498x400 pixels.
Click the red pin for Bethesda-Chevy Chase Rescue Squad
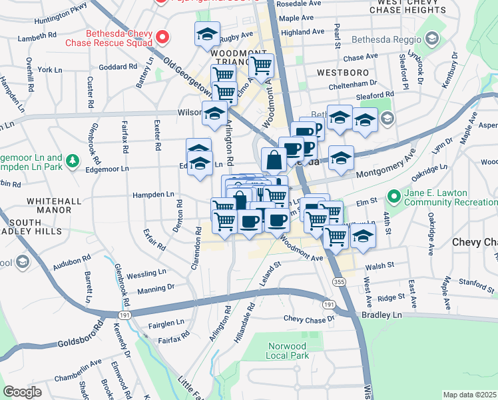[x=162, y=37]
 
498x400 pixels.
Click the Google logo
[x=22, y=392]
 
